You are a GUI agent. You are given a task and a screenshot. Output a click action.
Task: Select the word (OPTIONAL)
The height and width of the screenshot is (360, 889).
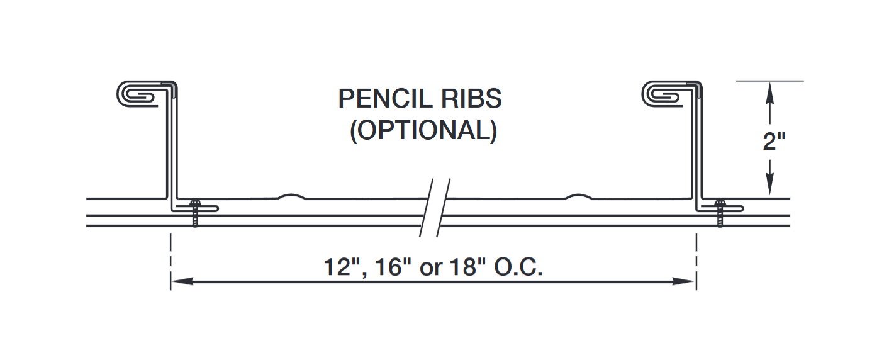[423, 130]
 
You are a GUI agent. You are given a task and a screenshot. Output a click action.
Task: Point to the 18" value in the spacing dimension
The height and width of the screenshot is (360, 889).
[468, 266]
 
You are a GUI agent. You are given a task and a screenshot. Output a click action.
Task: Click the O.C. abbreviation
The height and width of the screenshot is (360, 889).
[518, 266]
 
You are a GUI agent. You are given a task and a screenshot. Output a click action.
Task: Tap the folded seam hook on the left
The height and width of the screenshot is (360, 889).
[140, 93]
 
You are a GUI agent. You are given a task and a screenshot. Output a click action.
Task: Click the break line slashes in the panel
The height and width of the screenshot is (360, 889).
[435, 208]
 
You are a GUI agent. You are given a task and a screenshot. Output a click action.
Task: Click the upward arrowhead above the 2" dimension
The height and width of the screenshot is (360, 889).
[769, 92]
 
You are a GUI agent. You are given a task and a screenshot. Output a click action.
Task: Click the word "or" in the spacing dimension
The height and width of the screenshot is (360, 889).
[431, 267]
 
